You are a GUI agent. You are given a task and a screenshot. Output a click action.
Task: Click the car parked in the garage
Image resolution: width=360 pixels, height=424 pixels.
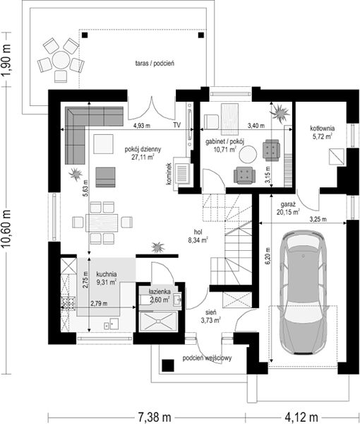[304, 294]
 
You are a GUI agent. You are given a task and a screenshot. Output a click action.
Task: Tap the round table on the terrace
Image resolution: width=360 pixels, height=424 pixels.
[61, 60]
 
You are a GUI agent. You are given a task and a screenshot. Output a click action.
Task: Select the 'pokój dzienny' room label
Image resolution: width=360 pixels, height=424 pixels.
[143, 149]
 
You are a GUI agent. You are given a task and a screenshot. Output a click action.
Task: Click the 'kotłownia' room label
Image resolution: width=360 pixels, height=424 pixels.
[323, 128]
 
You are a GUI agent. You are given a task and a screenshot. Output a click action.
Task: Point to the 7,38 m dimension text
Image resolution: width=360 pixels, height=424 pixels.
[155, 417]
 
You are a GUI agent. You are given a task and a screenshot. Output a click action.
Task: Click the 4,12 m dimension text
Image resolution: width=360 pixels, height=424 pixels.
[301, 417]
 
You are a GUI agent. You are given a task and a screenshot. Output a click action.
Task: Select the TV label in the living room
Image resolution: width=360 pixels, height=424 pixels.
[177, 125]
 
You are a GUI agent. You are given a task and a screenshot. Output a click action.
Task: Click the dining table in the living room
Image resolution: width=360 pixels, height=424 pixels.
[102, 223]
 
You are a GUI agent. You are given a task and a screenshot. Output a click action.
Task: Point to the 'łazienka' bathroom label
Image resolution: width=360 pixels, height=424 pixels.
[160, 292]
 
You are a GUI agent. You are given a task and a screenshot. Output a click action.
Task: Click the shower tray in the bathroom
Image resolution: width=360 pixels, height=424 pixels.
[158, 322]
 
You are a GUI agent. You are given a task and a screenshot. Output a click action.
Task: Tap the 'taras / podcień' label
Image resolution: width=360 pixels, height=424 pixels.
[155, 64]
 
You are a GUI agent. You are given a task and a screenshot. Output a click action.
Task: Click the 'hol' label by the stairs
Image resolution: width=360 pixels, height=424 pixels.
[198, 232]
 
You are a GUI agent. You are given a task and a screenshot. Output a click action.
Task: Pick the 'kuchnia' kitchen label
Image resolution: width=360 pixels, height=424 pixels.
[107, 274]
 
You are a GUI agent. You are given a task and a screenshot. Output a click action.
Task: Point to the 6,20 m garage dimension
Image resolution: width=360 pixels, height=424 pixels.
[268, 256]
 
